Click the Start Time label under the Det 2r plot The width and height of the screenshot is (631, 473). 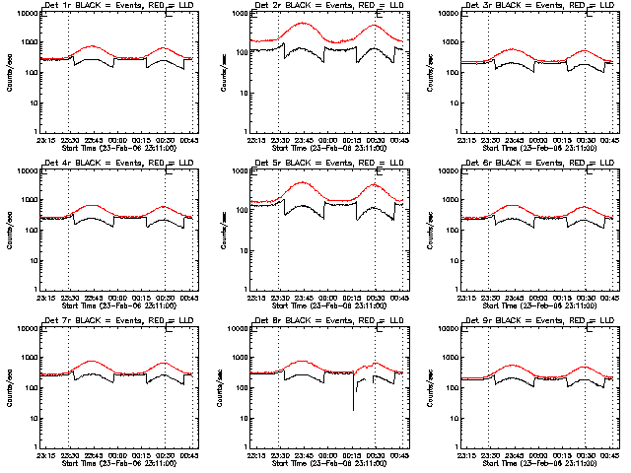327,147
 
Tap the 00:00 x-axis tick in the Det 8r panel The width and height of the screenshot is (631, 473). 327,453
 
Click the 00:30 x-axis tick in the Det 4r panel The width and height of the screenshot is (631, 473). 165,296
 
